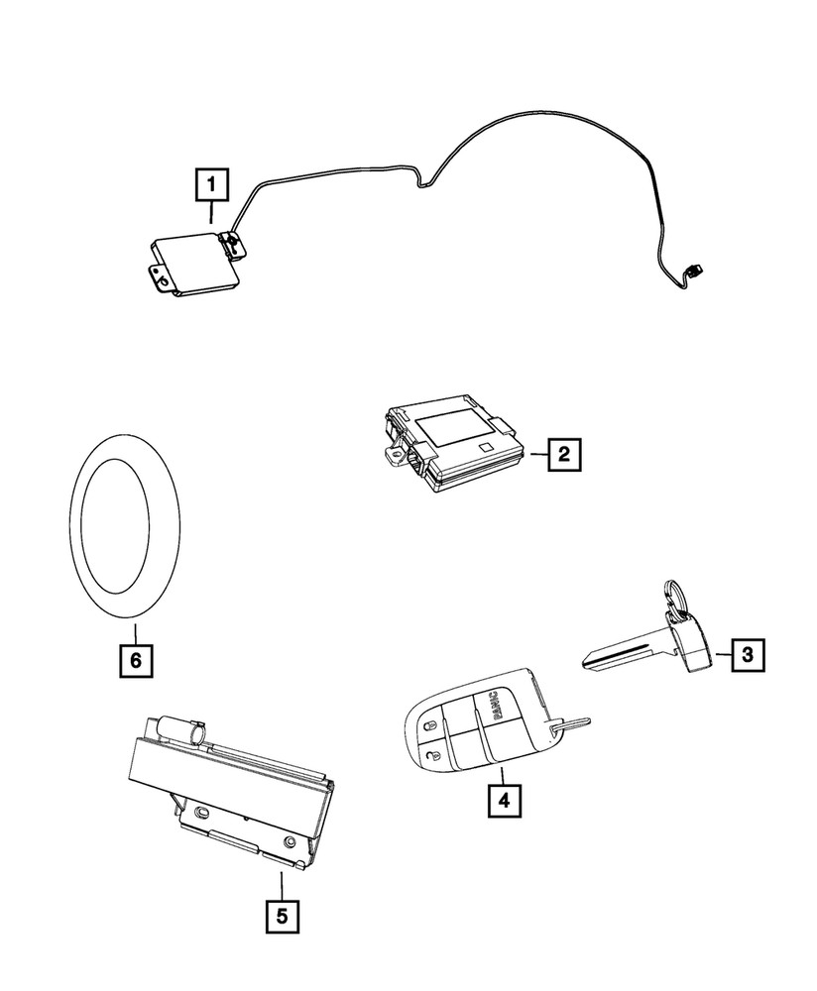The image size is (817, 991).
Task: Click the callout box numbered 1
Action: click(x=213, y=184)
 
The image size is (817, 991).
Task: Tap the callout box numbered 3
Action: click(x=749, y=653)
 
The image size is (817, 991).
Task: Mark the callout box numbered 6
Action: click(x=136, y=659)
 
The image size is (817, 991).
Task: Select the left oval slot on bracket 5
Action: click(x=201, y=812)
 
